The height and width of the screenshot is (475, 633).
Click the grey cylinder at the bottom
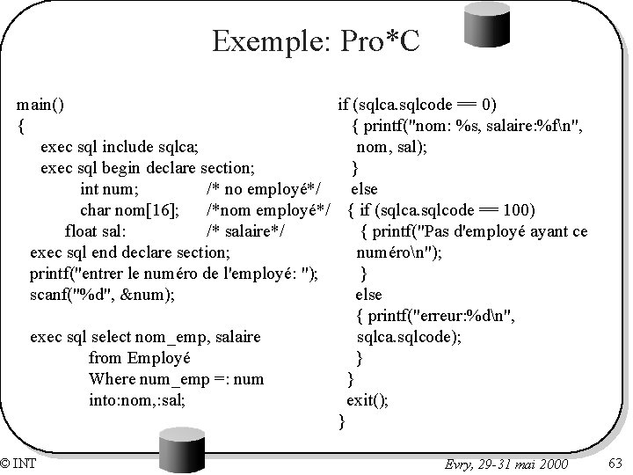(x=181, y=450)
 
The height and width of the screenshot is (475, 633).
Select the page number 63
(x=615, y=463)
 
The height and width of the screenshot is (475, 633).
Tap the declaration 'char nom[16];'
(x=131, y=211)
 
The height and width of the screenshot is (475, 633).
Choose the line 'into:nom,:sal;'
(x=137, y=401)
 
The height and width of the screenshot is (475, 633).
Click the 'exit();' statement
(x=367, y=401)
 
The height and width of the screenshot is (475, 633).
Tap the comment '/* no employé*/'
(x=262, y=189)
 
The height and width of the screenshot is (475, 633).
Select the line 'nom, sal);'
(x=392, y=147)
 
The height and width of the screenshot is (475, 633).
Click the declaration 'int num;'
(x=109, y=189)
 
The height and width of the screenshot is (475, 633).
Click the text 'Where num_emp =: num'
(x=176, y=380)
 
